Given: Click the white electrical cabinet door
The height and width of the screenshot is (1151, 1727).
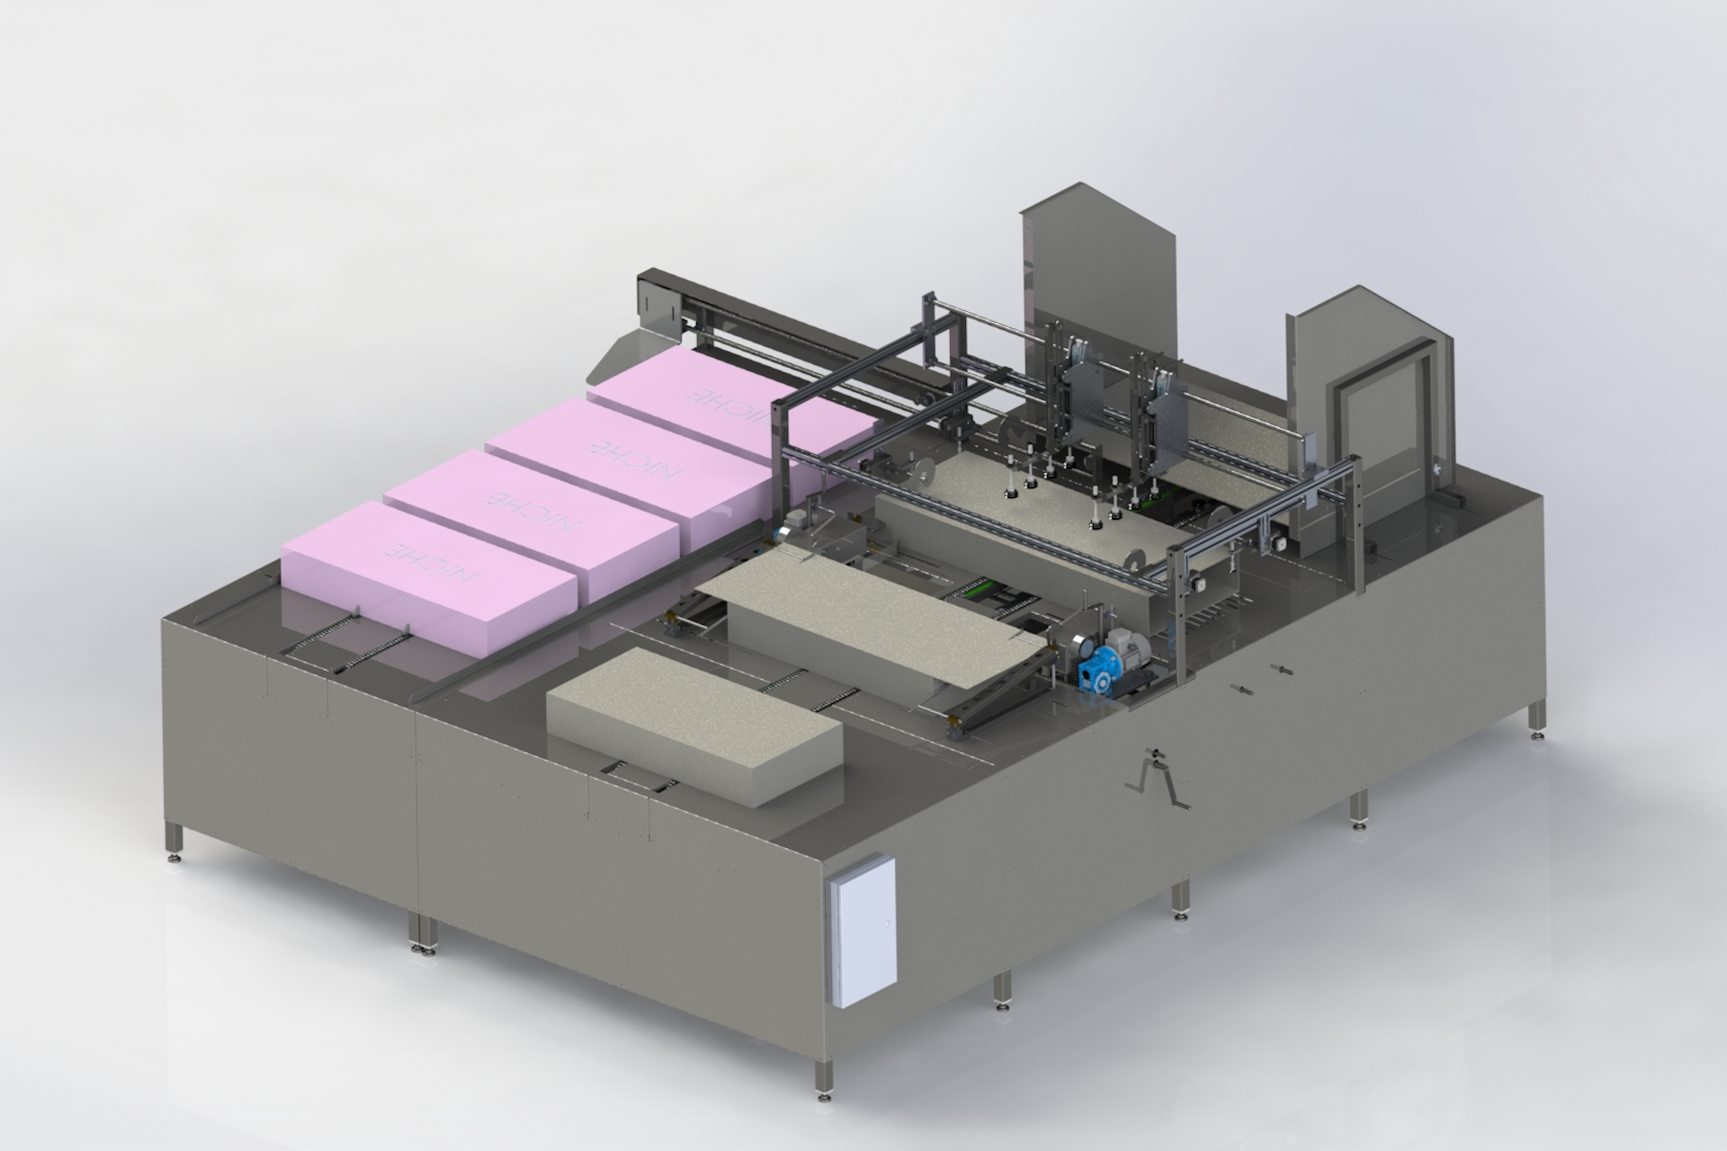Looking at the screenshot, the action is coord(863,932).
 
